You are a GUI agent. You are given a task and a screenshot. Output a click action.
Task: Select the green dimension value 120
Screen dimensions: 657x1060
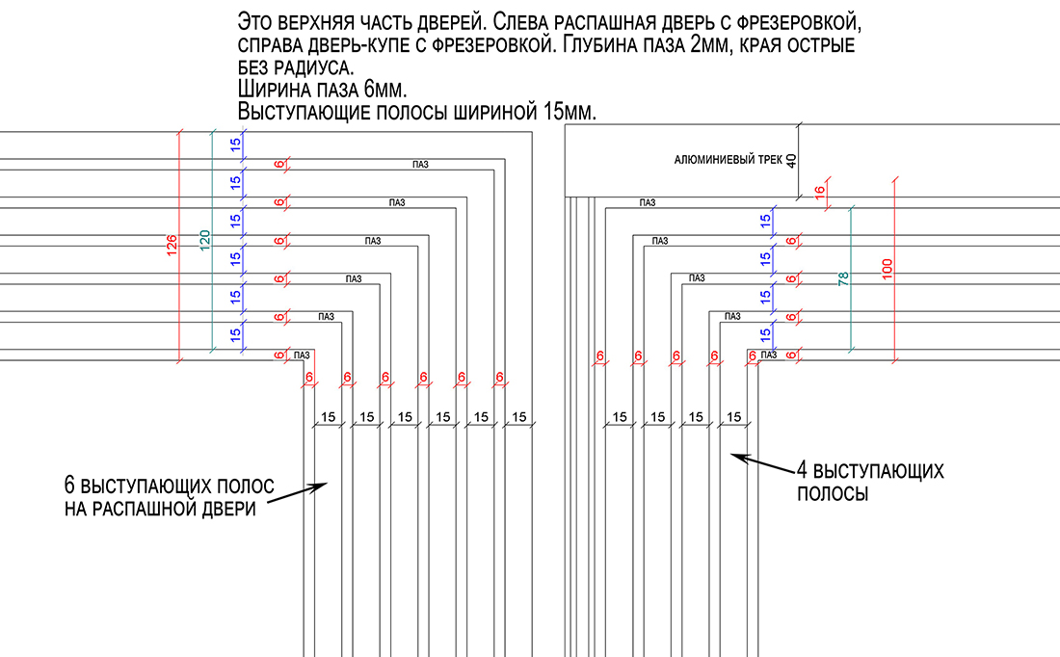coord(204,241)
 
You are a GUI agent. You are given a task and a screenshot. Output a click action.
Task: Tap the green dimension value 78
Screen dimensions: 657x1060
coord(843,279)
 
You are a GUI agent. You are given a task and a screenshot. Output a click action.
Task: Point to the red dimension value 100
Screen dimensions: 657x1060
coord(888,270)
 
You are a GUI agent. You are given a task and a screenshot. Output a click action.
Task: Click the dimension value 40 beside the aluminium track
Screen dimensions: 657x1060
coord(792,160)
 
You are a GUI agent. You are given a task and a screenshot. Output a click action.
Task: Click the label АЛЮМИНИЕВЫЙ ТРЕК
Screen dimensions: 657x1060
coord(729,161)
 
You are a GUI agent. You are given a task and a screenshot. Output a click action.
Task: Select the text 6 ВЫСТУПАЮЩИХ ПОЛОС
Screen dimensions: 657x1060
coord(169,484)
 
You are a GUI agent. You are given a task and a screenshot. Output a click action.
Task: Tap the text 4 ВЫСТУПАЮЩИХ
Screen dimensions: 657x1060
coord(869,472)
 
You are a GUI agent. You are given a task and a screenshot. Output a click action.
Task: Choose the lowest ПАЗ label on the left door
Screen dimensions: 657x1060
coord(302,354)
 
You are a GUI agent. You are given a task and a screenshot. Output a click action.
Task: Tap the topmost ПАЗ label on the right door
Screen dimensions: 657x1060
coord(647,202)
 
